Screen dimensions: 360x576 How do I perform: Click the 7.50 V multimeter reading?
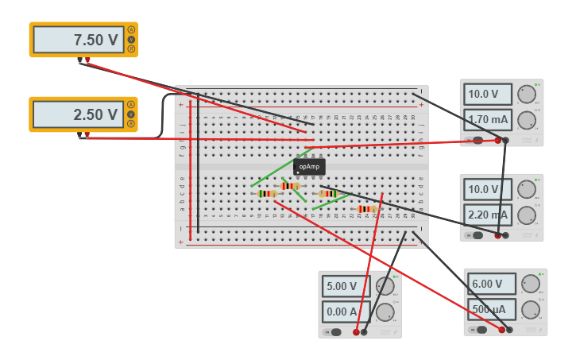coord(79,40)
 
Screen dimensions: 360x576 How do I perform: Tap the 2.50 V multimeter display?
coord(79,114)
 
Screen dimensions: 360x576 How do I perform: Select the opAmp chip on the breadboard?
coord(309,167)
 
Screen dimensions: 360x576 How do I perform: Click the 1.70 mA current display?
coord(488,120)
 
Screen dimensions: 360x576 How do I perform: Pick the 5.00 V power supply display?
coord(346,286)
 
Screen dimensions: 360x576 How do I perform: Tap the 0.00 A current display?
coord(346,312)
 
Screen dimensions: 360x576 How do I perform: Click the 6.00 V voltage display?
coord(492,284)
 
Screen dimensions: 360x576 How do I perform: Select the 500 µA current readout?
coord(492,309)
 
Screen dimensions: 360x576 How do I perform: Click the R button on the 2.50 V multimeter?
coord(131,123)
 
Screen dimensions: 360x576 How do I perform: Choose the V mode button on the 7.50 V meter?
coord(131,40)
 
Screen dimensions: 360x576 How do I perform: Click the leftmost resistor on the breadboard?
coord(267,193)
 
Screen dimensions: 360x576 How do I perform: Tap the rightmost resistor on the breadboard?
coord(366,209)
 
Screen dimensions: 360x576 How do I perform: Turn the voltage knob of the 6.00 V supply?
coord(531,284)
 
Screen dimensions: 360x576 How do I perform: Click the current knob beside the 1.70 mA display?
coord(526,121)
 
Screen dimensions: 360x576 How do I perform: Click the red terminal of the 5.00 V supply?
coord(356,332)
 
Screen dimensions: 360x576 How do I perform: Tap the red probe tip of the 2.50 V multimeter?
coord(87,136)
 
